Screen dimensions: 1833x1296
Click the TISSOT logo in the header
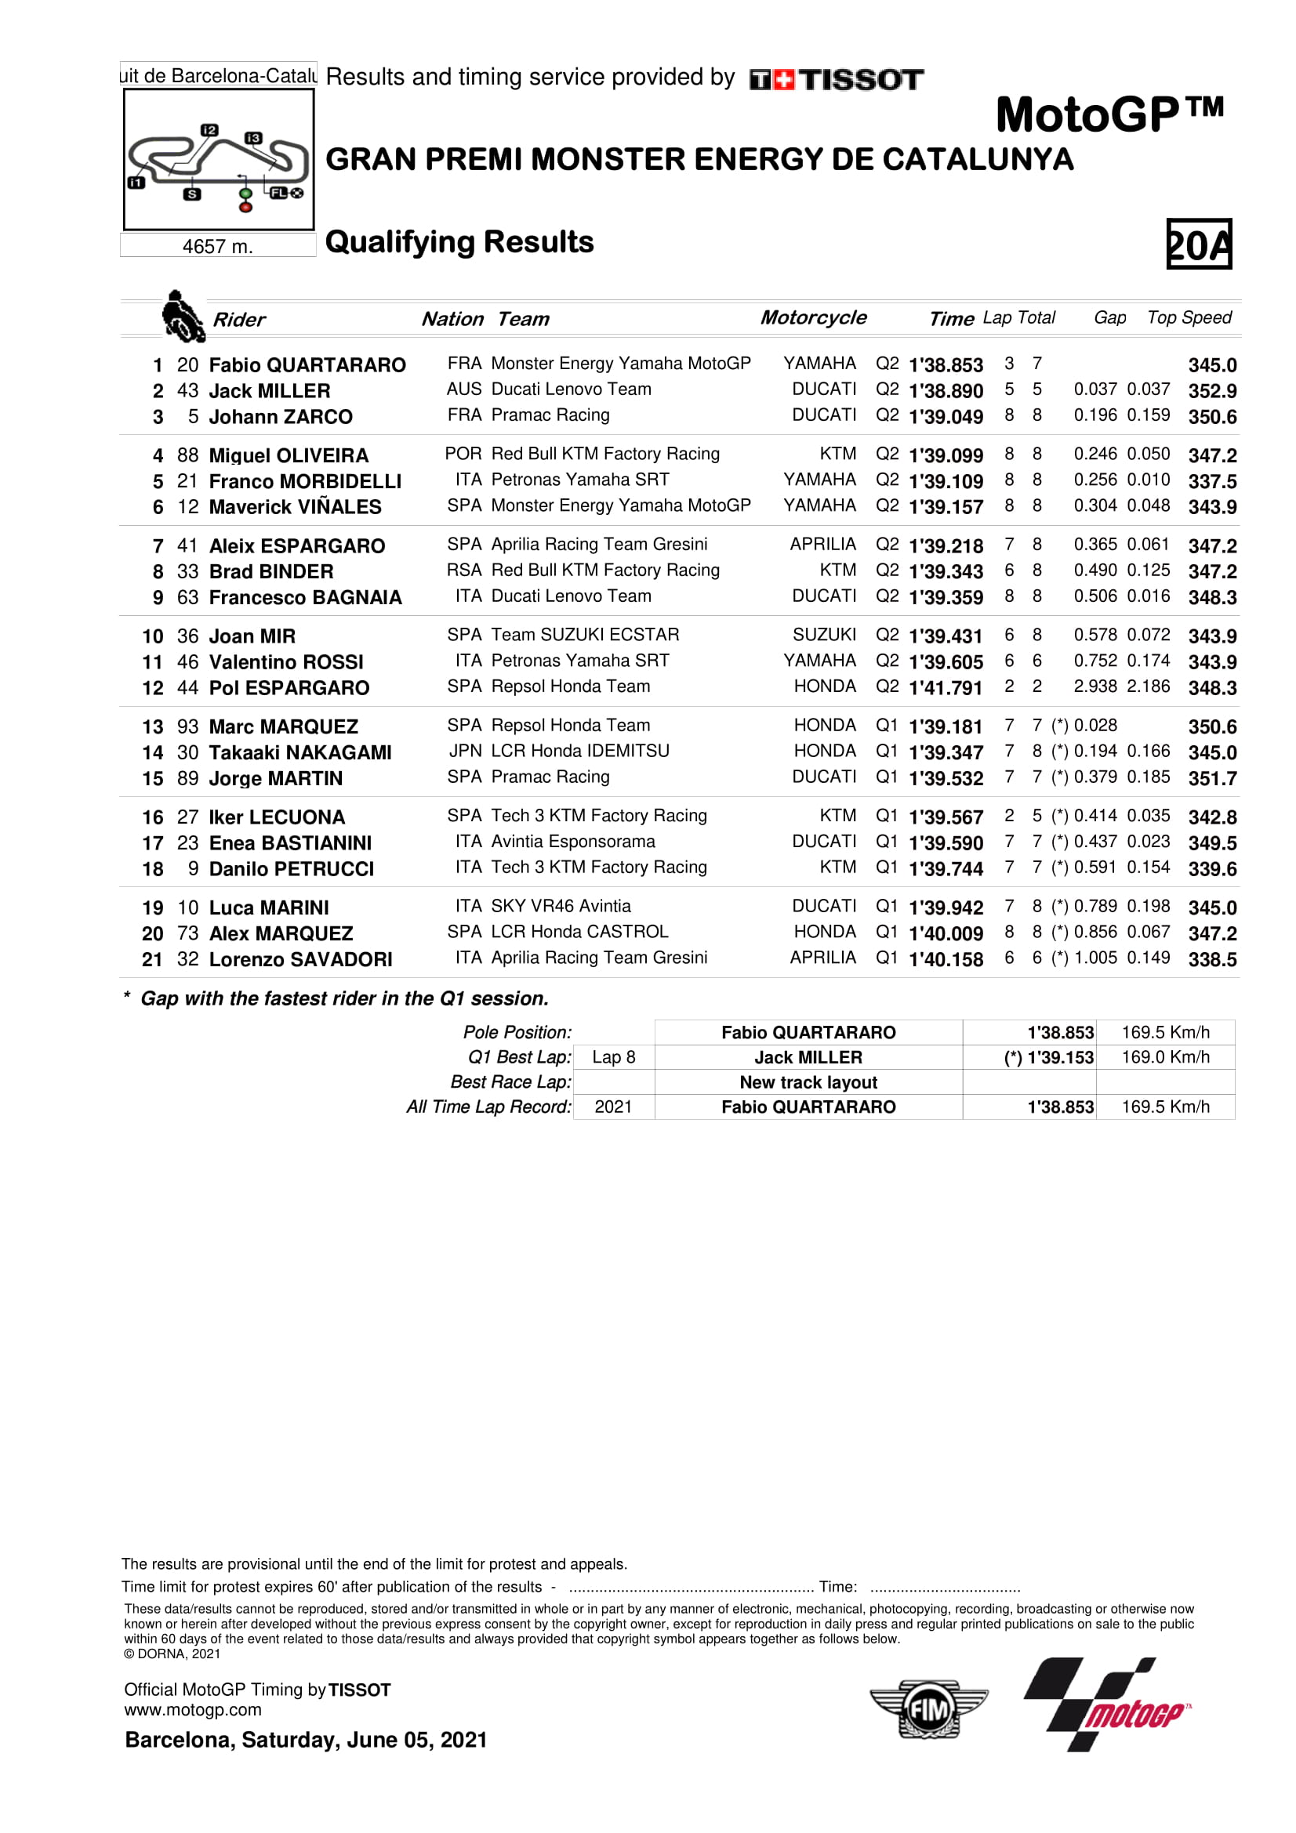click(836, 80)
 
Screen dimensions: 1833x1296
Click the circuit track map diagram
click(218, 160)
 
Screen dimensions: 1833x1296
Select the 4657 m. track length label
click(217, 247)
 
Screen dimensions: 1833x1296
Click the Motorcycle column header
click(813, 317)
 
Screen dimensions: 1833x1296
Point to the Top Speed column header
click(1189, 317)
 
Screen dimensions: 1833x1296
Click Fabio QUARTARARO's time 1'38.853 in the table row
click(946, 365)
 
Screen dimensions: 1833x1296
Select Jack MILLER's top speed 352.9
click(1211, 391)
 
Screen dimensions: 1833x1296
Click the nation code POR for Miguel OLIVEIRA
click(463, 455)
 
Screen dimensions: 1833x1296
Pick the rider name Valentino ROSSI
click(286, 662)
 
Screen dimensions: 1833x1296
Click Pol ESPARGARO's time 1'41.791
click(946, 688)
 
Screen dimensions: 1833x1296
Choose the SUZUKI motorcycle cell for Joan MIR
click(824, 635)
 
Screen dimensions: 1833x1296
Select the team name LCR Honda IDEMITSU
click(579, 752)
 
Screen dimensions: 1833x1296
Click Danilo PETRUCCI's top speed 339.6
click(1211, 868)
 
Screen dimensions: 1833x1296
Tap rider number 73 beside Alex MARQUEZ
click(187, 933)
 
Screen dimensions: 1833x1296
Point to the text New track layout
click(808, 1082)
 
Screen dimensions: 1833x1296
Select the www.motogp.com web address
click(192, 1710)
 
